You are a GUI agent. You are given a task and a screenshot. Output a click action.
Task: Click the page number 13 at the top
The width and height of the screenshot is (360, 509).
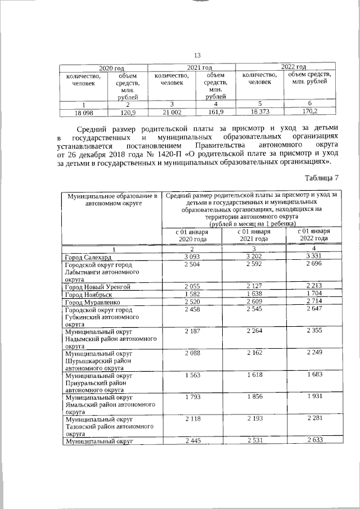(197, 55)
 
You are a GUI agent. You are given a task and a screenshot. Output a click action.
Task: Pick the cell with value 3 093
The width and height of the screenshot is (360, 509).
(192, 256)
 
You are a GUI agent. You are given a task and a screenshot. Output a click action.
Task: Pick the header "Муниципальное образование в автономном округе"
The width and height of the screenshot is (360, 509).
(110, 200)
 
